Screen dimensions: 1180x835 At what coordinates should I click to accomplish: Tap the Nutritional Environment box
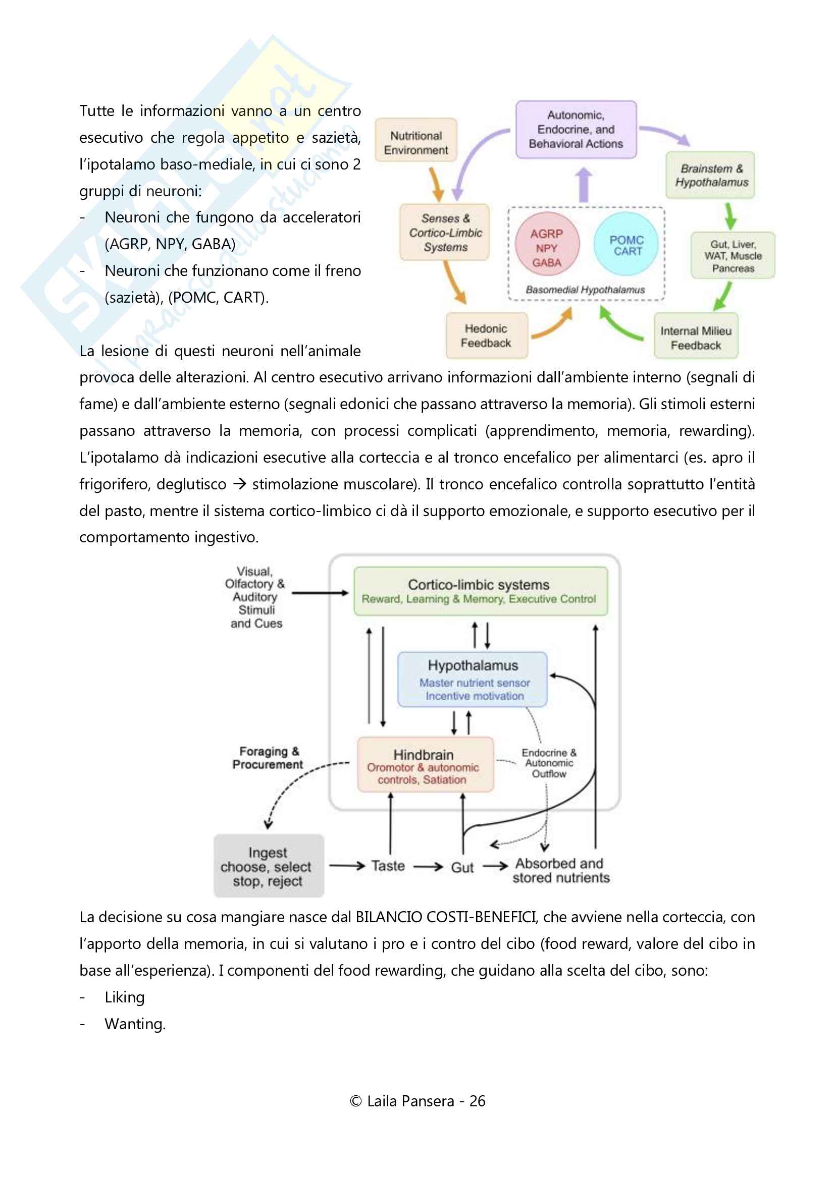(x=416, y=140)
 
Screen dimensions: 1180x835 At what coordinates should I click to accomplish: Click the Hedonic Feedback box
(x=486, y=335)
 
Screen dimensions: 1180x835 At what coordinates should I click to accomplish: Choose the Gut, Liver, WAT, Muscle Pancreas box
(x=733, y=255)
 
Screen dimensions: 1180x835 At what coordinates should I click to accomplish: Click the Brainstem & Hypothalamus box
(x=711, y=175)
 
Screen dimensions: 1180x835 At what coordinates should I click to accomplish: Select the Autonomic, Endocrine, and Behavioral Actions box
(x=576, y=130)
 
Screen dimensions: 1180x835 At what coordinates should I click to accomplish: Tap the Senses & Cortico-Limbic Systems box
(x=445, y=232)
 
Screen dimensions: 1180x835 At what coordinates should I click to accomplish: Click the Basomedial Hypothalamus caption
(x=585, y=290)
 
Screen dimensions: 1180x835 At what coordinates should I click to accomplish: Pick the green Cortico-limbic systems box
(x=480, y=591)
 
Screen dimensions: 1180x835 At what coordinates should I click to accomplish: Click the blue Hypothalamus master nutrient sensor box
(x=473, y=680)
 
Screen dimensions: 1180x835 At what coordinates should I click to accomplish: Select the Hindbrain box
(x=425, y=764)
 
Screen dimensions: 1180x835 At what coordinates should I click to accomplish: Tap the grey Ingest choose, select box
(x=269, y=866)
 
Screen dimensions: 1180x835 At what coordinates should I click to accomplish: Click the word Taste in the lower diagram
(x=388, y=866)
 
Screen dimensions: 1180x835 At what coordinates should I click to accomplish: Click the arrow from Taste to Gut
(x=428, y=867)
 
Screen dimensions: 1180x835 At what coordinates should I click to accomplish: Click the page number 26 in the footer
(x=477, y=1101)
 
